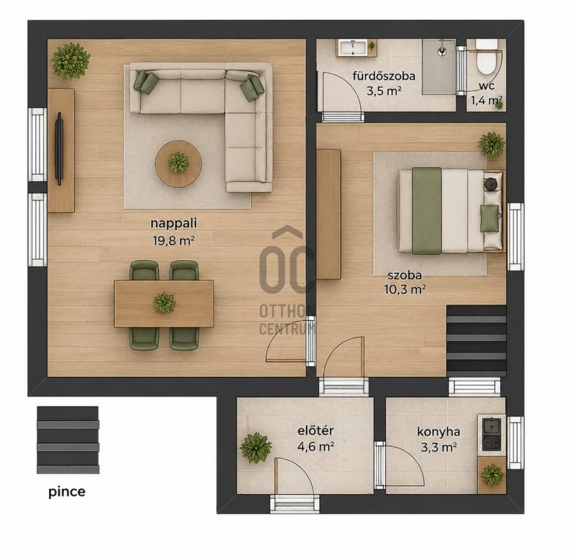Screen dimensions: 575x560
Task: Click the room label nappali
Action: coord(174,223)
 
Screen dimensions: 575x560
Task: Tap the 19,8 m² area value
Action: coord(173,241)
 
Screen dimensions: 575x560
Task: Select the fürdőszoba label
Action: coord(384,76)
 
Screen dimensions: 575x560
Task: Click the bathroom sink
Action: coord(352,48)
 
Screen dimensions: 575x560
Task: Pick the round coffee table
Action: coord(178,164)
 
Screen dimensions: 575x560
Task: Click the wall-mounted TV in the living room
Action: coord(59,149)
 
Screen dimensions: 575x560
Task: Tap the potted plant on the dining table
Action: coord(165,302)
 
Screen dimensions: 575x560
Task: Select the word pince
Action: coord(67,492)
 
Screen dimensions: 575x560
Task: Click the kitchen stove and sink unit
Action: coord(492,435)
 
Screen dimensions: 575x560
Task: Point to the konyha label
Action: coord(438,431)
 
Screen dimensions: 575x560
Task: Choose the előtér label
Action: coord(316,430)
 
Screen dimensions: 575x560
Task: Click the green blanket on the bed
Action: coord(427,211)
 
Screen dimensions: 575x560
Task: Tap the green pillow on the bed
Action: coord(489,218)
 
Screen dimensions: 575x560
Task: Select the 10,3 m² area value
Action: coord(405,290)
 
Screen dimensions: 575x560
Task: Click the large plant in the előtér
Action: coord(256,447)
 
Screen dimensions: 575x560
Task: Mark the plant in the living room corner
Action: coord(70,61)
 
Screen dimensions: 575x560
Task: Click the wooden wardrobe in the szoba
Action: coord(328,214)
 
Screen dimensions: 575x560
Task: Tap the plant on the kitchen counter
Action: coord(492,475)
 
